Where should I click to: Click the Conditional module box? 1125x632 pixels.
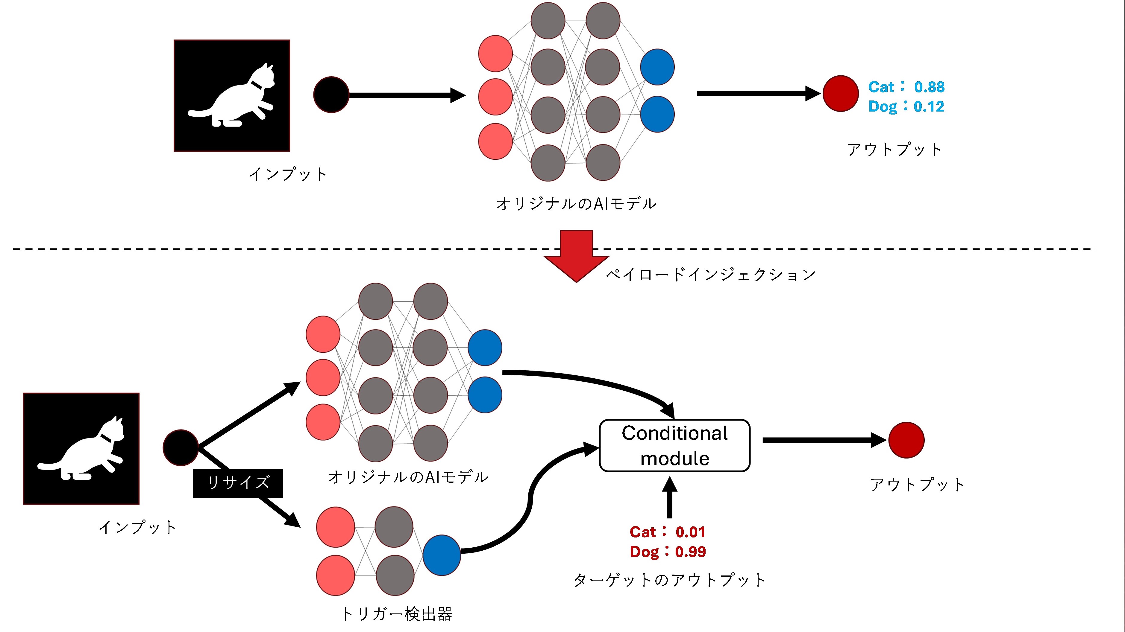tap(675, 446)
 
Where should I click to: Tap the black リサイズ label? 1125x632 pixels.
tap(238, 483)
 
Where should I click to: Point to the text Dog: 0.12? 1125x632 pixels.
tap(906, 106)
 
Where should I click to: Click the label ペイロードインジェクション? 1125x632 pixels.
tap(711, 275)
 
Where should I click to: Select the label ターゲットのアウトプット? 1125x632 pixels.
tap(669, 580)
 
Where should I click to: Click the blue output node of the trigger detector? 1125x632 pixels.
tap(442, 555)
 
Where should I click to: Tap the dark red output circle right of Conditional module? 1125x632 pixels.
tap(906, 440)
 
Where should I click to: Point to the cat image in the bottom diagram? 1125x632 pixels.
tap(81, 449)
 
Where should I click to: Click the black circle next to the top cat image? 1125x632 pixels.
tap(331, 95)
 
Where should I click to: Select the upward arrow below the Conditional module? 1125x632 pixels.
tap(669, 498)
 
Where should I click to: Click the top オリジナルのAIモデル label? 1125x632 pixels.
tap(577, 204)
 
